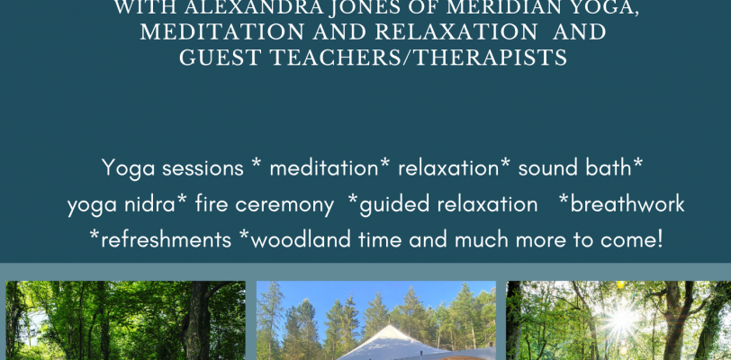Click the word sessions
point(203,168)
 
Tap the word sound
point(541,168)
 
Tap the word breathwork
point(627,204)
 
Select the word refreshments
point(166,239)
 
